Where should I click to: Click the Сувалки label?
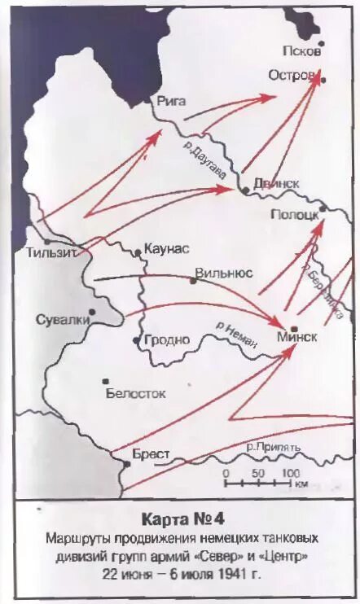[x=62, y=319]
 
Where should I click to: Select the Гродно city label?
[x=167, y=339]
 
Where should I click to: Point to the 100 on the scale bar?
[x=290, y=473]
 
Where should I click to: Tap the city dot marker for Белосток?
[x=105, y=379]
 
